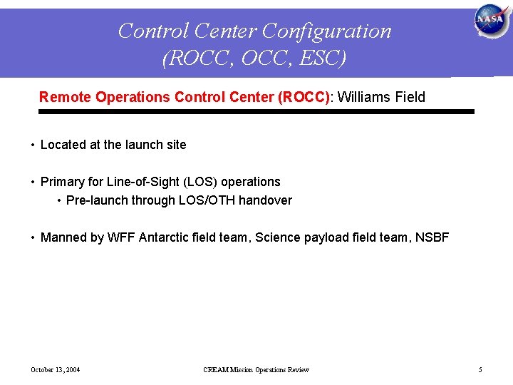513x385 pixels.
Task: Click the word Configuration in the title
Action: [327, 31]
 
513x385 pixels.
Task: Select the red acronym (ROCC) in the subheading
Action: [305, 97]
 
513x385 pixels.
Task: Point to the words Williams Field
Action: [381, 97]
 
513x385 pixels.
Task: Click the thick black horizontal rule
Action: [256, 112]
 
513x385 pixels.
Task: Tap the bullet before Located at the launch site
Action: [33, 145]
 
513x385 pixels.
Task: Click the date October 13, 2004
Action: [55, 369]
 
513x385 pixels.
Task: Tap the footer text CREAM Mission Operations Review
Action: [256, 369]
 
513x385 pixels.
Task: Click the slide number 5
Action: [480, 369]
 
